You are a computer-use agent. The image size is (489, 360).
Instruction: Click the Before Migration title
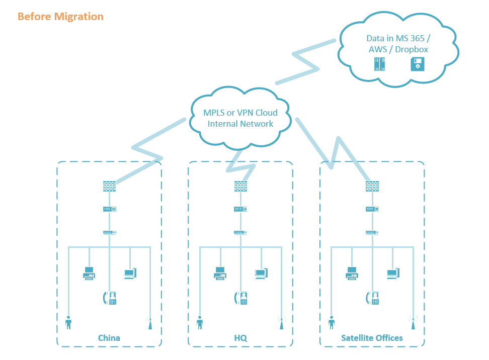point(60,17)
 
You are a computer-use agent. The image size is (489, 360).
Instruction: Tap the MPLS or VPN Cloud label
point(240,118)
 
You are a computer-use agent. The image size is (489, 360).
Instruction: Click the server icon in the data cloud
point(380,64)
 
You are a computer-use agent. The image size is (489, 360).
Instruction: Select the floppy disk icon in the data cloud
point(418,64)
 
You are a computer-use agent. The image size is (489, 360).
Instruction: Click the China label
point(109,337)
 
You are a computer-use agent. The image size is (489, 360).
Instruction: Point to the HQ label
point(240,337)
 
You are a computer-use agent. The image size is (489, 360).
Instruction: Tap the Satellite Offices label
point(372,337)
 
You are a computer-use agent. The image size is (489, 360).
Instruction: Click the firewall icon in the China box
point(109,186)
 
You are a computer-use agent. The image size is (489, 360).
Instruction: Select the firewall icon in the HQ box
point(240,186)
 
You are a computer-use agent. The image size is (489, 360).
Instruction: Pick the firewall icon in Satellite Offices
point(372,186)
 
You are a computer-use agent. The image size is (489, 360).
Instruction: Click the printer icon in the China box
point(89,274)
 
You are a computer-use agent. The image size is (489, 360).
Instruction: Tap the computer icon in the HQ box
point(261,274)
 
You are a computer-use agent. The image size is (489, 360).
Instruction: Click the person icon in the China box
point(68,322)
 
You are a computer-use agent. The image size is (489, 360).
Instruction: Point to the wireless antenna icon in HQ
point(281,322)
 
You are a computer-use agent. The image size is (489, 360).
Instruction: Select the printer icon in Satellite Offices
point(352,274)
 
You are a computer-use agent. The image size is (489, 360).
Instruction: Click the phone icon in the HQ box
point(241,298)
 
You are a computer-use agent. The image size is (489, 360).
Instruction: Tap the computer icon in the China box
point(130,274)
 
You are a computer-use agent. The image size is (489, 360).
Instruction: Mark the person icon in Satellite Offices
point(332,322)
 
